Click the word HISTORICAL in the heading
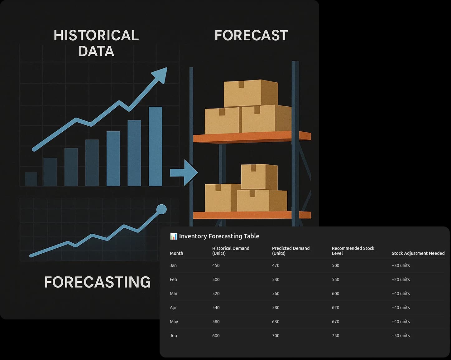tap(96, 35)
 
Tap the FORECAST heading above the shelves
tap(251, 35)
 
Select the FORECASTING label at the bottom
tap(98, 282)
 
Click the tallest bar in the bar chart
tap(156, 146)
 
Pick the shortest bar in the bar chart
tap(31, 179)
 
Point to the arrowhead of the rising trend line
tap(161, 75)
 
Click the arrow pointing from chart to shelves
tap(184, 173)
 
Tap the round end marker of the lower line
tap(161, 209)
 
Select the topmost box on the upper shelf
tap(251, 93)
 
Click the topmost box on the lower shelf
tap(259, 177)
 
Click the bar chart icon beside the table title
tap(174, 236)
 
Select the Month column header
tap(176, 253)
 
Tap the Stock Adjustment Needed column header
tap(418, 253)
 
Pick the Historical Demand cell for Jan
tap(216, 265)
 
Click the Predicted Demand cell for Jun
tap(276, 336)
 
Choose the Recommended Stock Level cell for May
tap(336, 322)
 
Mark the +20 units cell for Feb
tap(401, 280)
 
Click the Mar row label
tap(174, 294)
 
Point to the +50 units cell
tap(401, 336)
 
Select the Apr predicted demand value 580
tap(276, 308)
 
